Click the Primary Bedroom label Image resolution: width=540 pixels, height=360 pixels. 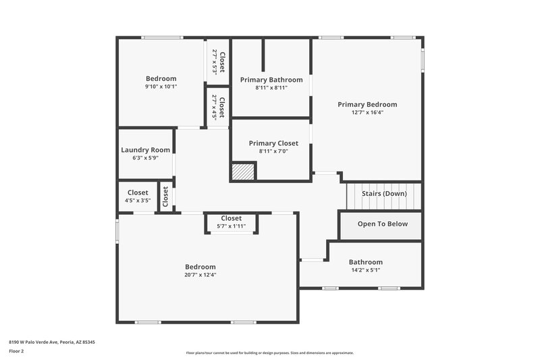tap(367, 105)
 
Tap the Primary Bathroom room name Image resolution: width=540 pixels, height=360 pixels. tap(271, 80)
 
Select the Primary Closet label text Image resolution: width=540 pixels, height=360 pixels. tap(273, 143)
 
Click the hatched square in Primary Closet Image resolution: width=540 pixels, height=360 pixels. tap(243, 172)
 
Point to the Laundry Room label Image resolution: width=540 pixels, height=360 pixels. tap(145, 150)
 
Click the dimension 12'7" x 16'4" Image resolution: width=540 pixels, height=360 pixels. tap(367, 113)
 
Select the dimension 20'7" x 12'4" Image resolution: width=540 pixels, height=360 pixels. tap(200, 275)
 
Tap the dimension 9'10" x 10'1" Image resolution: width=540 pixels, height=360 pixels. tap(161, 86)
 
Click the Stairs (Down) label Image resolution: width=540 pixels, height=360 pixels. tap(384, 194)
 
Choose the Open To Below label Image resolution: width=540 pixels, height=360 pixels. tap(382, 224)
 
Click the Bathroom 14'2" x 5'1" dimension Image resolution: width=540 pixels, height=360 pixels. tap(365, 270)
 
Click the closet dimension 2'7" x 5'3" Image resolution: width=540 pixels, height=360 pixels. tap(215, 61)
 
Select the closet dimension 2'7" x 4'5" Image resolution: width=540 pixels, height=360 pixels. tap(215, 107)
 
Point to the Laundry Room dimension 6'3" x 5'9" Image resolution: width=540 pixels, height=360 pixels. tap(145, 158)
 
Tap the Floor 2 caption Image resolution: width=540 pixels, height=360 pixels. tap(17, 351)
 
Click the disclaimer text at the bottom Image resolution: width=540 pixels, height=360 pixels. tap(269, 353)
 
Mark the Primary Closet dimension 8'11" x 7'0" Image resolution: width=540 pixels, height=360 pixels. tap(273, 151)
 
